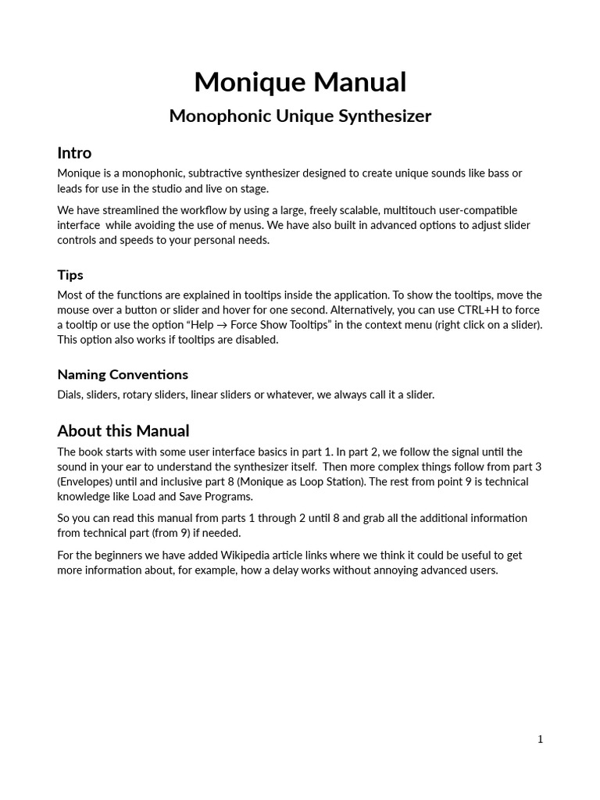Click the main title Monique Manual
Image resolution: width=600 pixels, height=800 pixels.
(x=300, y=82)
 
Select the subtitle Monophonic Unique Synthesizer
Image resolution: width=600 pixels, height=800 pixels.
(x=300, y=116)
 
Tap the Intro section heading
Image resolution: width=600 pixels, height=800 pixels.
(x=74, y=152)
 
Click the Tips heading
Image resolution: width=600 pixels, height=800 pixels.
(x=70, y=275)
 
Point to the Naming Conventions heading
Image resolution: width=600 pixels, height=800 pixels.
(x=123, y=374)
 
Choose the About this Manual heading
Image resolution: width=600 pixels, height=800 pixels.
(x=123, y=431)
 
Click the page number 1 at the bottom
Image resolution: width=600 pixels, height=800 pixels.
(x=540, y=739)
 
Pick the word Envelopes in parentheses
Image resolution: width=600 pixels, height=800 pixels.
(x=86, y=482)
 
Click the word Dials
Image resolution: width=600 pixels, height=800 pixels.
(x=70, y=395)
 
